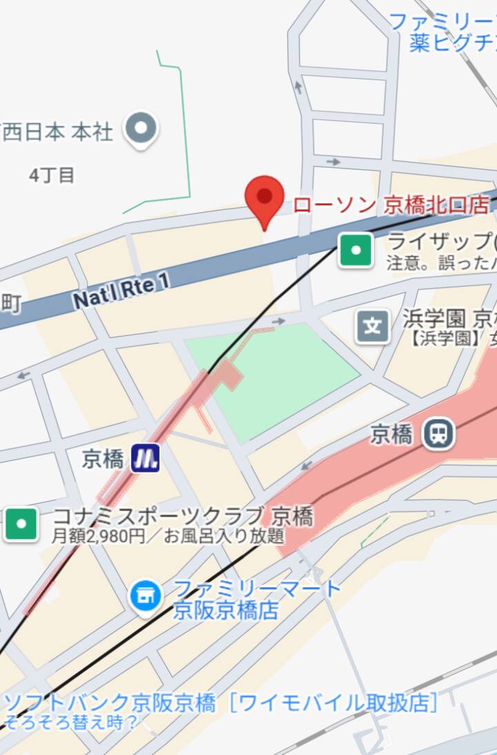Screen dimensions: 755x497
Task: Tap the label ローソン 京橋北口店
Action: point(391,205)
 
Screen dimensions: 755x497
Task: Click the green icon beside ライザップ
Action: point(356,250)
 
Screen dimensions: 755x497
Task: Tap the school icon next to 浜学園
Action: point(373,326)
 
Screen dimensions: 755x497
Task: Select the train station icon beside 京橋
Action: point(438,434)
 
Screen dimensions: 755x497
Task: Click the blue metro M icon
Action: point(146,457)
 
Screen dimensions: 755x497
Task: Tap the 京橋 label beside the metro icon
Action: point(102,459)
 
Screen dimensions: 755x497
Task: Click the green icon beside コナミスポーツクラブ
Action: point(21,524)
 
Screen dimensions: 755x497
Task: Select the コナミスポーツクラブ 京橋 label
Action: point(183,516)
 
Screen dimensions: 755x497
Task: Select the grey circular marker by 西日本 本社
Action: point(142,129)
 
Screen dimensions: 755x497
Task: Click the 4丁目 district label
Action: point(51,175)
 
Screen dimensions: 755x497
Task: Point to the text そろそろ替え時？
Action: point(69,722)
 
